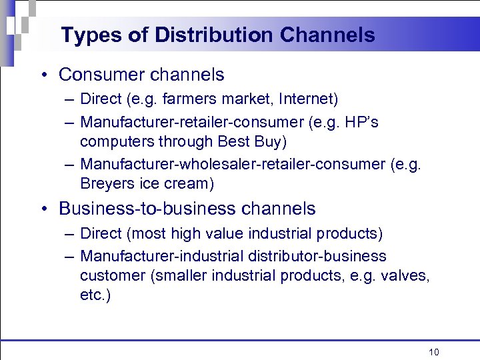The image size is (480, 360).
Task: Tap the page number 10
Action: click(x=434, y=352)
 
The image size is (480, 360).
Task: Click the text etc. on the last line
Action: click(x=95, y=295)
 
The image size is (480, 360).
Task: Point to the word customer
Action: click(x=107, y=276)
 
